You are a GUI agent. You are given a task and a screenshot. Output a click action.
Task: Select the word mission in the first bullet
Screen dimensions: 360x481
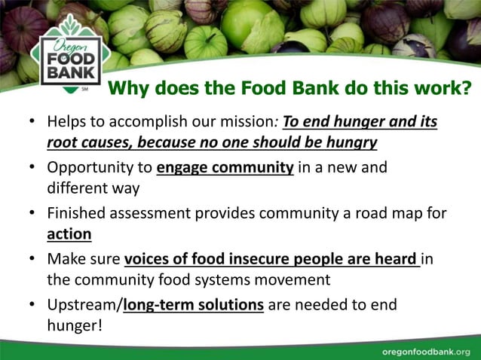(249, 122)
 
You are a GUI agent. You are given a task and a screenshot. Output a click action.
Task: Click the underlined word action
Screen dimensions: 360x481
(69, 233)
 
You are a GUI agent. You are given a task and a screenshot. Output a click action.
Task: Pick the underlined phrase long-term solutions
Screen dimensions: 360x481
(194, 305)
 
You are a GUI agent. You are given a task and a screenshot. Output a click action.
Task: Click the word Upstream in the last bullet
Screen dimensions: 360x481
(82, 305)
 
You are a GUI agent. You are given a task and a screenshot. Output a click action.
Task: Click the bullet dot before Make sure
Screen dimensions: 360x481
(30, 259)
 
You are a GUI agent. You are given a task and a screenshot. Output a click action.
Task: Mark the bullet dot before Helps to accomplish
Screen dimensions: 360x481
(30, 122)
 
